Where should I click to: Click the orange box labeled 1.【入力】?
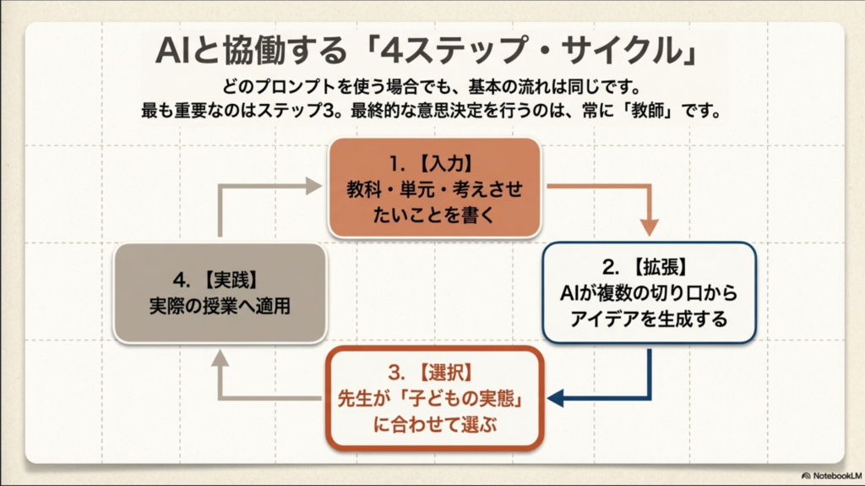pyautogui.click(x=433, y=188)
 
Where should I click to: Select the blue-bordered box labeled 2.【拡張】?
pyautogui.click(x=648, y=292)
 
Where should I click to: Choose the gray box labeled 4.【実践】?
pyautogui.click(x=219, y=292)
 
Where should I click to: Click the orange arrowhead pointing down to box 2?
pyautogui.click(x=649, y=226)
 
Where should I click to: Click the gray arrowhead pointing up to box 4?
pyautogui.click(x=220, y=359)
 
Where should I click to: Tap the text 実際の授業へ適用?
pyautogui.click(x=219, y=305)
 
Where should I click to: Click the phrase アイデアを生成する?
pyautogui.click(x=648, y=319)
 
